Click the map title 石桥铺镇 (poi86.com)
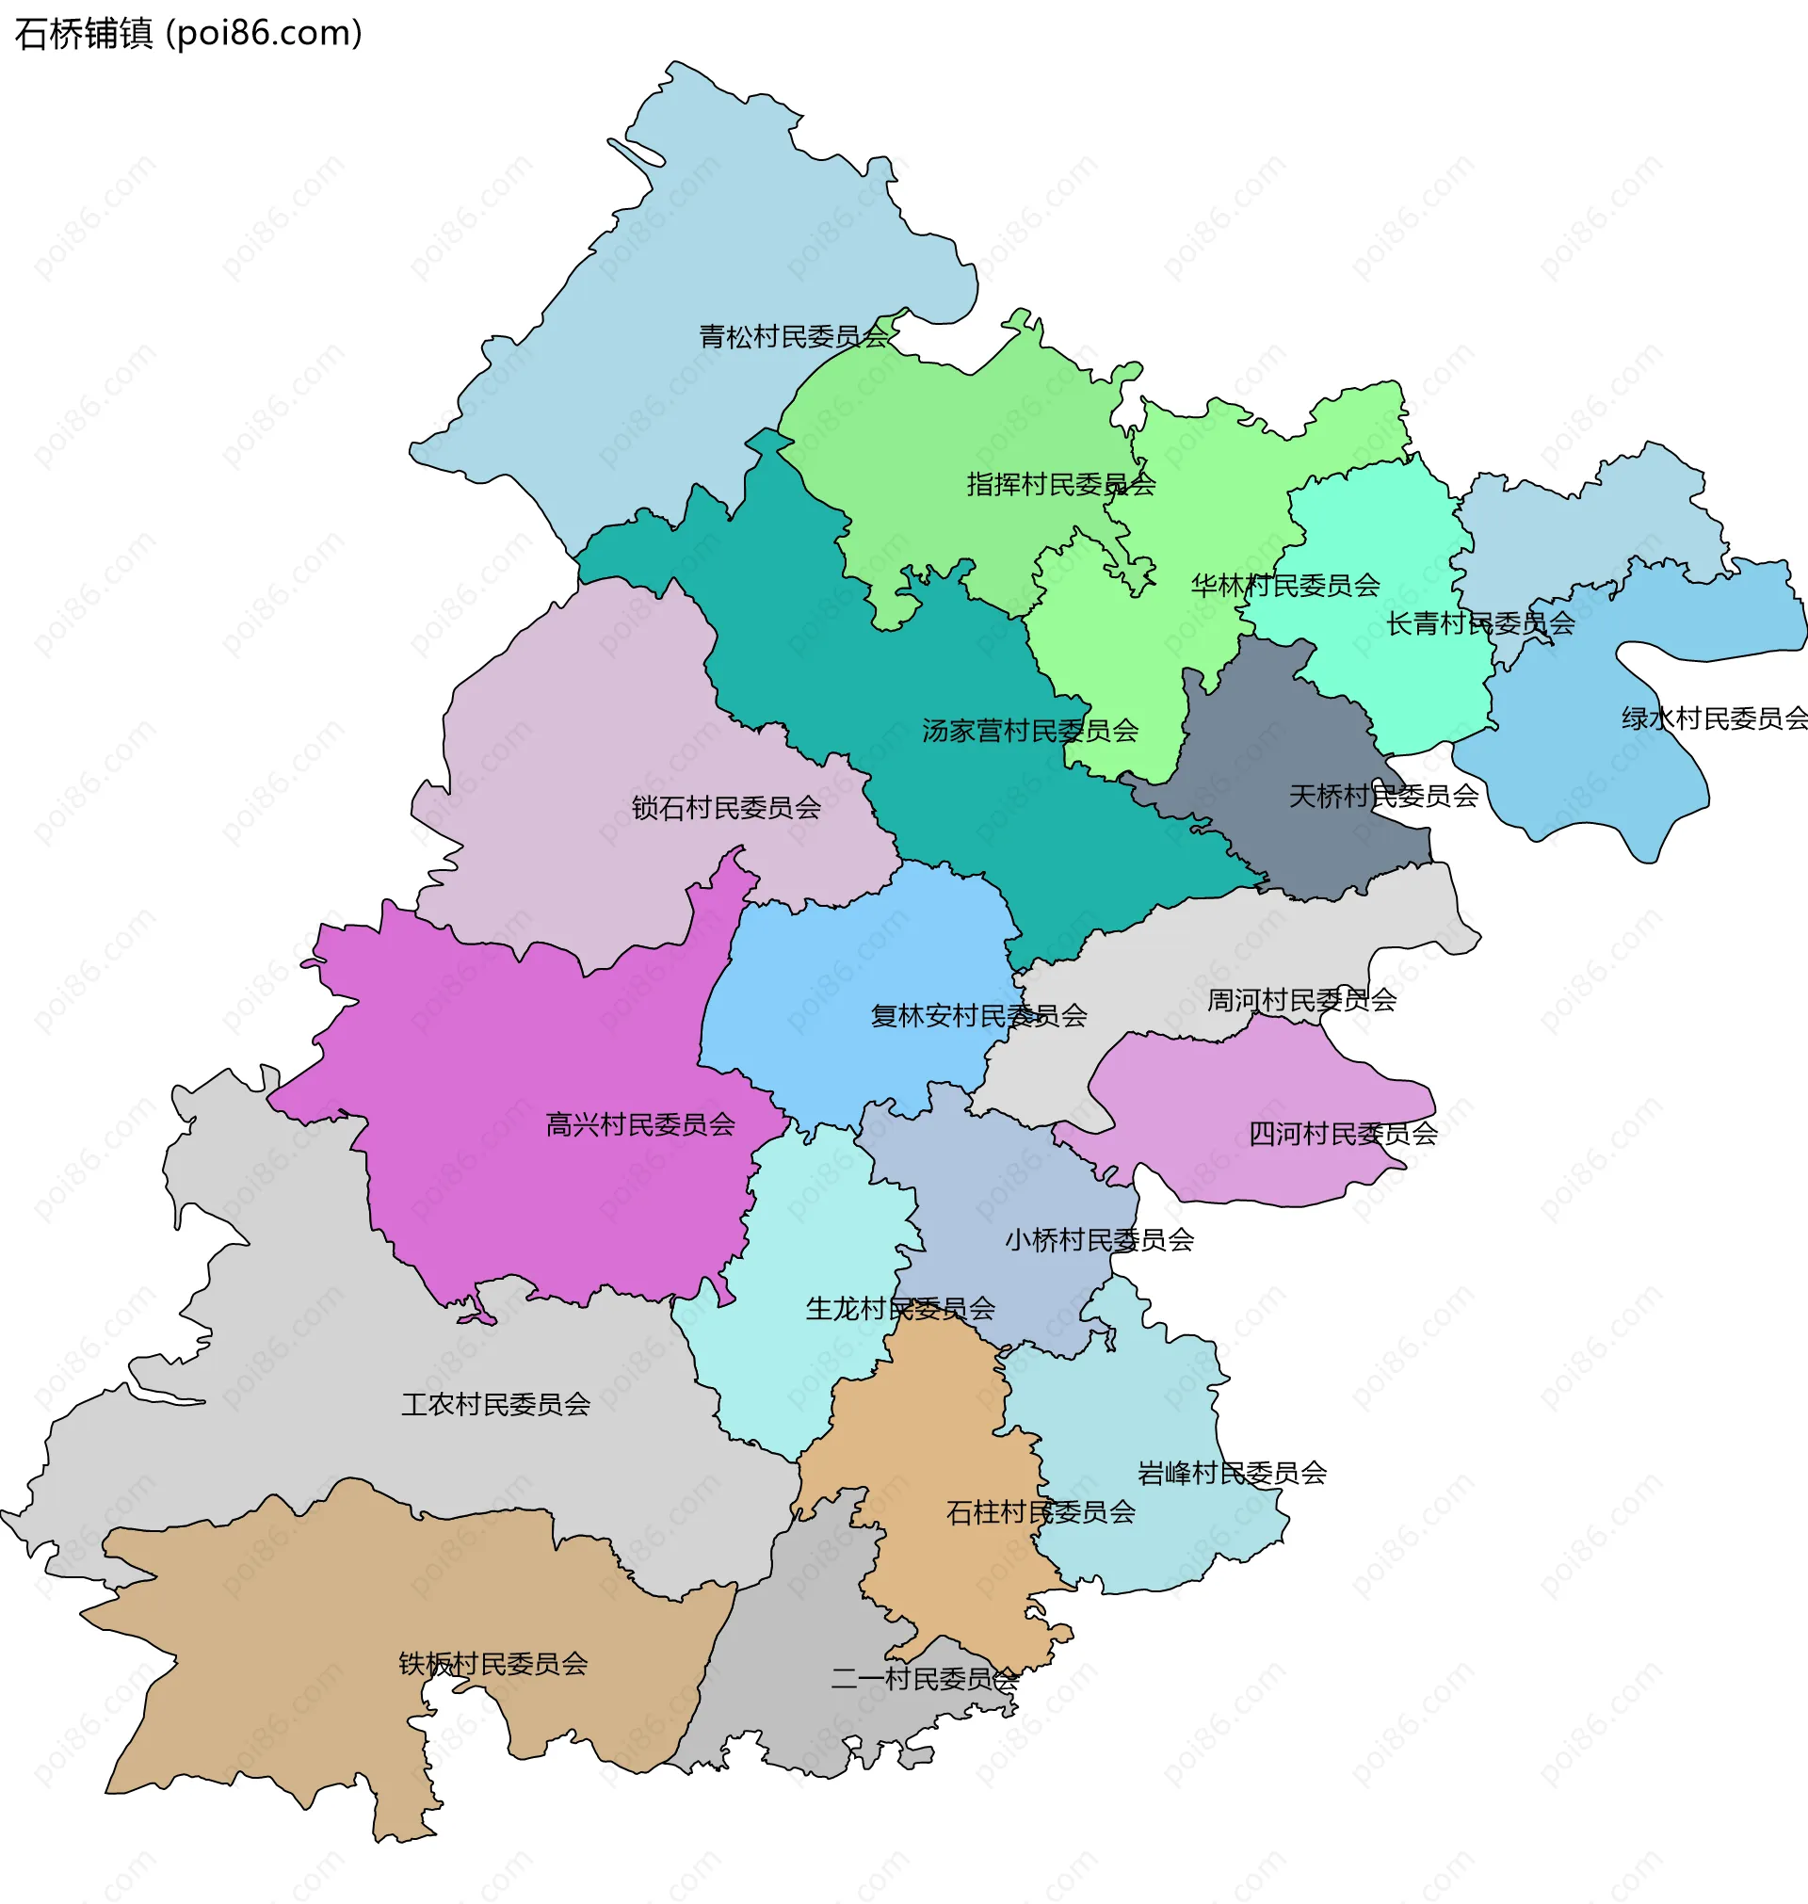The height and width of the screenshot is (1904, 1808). pyautogui.click(x=189, y=34)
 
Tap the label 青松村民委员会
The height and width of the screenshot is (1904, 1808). pyautogui.click(x=793, y=336)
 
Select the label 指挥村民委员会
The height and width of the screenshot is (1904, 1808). pyautogui.click(x=1061, y=484)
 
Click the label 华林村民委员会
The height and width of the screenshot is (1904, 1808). pyautogui.click(x=1285, y=585)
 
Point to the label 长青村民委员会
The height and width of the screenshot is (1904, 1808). pyautogui.click(x=1480, y=623)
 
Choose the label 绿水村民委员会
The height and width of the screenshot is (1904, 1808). pyautogui.click(x=1714, y=718)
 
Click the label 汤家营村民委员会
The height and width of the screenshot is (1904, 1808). pyautogui.click(x=1030, y=731)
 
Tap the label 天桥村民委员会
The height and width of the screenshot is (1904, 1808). pyautogui.click(x=1384, y=796)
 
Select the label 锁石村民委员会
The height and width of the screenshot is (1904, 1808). pyautogui.click(x=727, y=808)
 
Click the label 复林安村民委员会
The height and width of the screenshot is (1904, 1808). pyautogui.click(x=979, y=1016)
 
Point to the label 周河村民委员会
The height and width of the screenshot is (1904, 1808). pyautogui.click(x=1302, y=1000)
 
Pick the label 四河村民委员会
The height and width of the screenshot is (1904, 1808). pyautogui.click(x=1344, y=1134)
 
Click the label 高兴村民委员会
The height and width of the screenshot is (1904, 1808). pyautogui.click(x=641, y=1124)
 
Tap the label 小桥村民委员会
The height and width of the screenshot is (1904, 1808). pyautogui.click(x=1100, y=1240)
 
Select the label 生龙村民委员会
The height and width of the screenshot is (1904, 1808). pyautogui.click(x=900, y=1309)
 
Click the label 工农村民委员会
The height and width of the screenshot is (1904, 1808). pyautogui.click(x=496, y=1404)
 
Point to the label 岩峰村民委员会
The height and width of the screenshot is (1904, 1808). pyautogui.click(x=1233, y=1473)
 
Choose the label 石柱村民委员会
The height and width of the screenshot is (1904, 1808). pyautogui.click(x=1041, y=1512)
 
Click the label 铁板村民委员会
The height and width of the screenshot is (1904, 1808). pyautogui.click(x=493, y=1663)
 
